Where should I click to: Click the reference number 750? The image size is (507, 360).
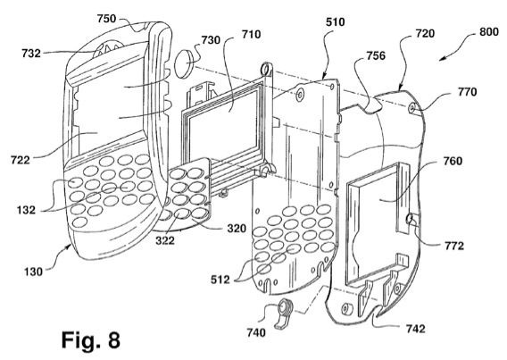point(106,19)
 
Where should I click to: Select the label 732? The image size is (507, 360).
point(31,54)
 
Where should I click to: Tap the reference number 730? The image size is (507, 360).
point(211,40)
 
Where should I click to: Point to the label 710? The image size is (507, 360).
point(251,34)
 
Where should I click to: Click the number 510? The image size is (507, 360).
point(335,22)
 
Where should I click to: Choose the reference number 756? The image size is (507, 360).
point(376,55)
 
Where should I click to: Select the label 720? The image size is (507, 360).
point(425,33)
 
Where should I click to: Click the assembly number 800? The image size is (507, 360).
point(488,32)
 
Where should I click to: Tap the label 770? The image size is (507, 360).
point(467,92)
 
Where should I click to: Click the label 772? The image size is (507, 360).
point(454,247)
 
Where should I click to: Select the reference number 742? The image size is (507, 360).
point(415,329)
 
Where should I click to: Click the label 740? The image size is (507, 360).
point(256,332)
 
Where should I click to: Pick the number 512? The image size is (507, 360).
point(220,280)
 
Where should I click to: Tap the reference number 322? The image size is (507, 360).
point(165,240)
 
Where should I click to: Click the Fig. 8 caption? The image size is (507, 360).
point(91,339)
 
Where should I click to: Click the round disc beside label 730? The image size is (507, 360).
point(184,63)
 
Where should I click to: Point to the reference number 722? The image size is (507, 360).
point(20,160)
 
